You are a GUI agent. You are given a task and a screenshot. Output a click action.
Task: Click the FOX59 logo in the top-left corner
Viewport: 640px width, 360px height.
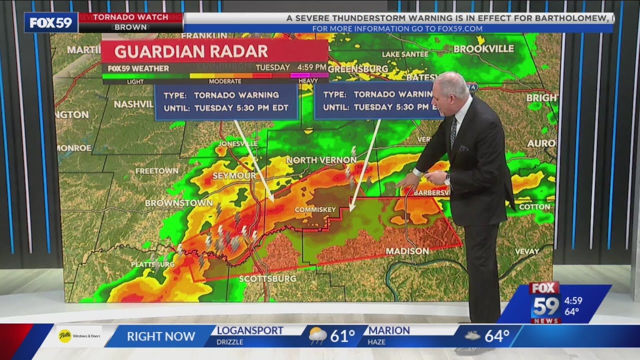click(x=51, y=22)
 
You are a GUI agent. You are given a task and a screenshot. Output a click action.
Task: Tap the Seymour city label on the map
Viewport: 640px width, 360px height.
click(x=234, y=176)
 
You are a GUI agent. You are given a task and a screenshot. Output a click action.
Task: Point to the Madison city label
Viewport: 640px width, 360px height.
click(x=408, y=251)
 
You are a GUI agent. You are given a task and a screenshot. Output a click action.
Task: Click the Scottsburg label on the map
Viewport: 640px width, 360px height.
click(x=267, y=278)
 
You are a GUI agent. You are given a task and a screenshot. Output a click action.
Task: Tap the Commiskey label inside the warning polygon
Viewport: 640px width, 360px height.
click(x=315, y=209)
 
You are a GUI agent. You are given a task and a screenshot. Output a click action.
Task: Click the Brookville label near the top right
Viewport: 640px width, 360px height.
click(x=483, y=48)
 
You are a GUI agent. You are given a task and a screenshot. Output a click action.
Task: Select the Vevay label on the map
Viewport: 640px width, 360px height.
click(x=526, y=251)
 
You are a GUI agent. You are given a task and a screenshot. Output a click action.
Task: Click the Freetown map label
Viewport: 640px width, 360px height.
click(x=157, y=170)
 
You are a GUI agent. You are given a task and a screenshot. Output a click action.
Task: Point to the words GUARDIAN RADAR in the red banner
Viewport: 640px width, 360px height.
click(x=191, y=51)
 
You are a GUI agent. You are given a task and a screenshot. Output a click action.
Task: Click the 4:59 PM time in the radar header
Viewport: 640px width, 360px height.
click(x=311, y=67)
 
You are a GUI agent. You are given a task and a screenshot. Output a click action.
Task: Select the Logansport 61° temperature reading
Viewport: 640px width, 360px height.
click(x=342, y=335)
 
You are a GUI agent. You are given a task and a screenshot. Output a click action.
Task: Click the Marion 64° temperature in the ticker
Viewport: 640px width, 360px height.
click(x=496, y=335)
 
